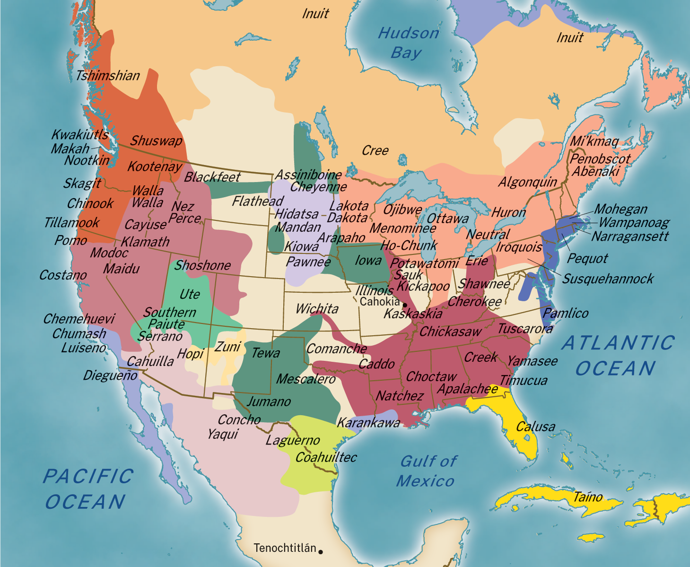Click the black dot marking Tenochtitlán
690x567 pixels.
point(321,551)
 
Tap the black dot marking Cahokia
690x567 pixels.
point(404,305)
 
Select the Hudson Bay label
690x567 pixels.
point(408,43)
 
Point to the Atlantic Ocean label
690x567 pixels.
point(618,356)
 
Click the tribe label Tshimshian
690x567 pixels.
point(108,76)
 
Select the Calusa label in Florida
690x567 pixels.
point(535,427)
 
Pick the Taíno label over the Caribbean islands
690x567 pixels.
point(588,497)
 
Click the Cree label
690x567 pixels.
point(375,150)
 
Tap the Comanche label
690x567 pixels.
point(337,349)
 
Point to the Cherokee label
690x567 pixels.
point(475,302)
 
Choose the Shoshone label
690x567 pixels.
point(202,265)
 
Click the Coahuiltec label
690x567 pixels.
point(326,457)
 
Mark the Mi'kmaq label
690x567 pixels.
point(594,141)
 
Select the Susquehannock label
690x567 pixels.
point(608,279)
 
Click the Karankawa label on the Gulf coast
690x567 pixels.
point(368,422)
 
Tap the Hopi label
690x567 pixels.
point(190,353)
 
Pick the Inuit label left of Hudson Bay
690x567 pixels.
point(315,13)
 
